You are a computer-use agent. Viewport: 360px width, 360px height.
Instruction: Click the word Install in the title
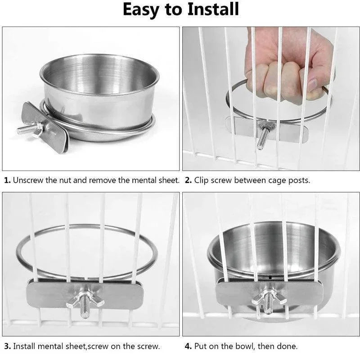click(208, 10)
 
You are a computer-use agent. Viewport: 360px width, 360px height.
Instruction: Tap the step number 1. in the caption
click(7, 180)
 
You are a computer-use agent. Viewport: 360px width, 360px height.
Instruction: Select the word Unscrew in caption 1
click(28, 180)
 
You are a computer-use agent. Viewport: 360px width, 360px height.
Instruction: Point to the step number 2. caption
click(188, 180)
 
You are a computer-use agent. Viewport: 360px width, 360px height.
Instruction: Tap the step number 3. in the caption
click(7, 346)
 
